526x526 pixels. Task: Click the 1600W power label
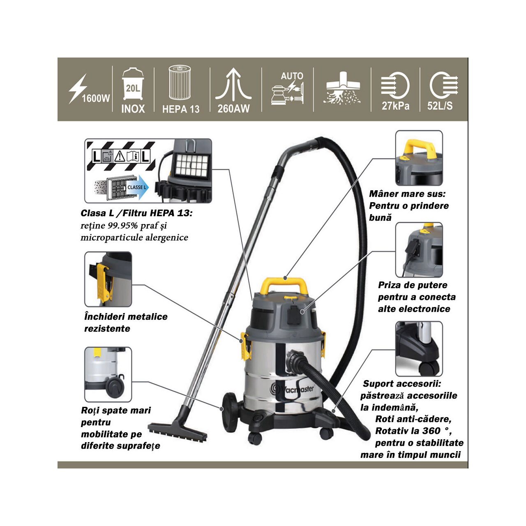[96, 99]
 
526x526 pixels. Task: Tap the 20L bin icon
[133, 84]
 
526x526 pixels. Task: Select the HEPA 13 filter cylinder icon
[180, 83]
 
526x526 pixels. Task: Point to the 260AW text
[233, 108]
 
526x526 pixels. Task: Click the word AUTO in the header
[292, 76]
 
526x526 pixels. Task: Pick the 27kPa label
[395, 106]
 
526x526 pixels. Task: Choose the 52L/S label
[440, 106]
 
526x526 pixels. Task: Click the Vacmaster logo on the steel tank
[292, 389]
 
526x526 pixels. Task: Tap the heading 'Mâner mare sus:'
[407, 194]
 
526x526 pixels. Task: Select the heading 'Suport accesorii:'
[402, 383]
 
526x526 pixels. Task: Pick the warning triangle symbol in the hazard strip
[119, 157]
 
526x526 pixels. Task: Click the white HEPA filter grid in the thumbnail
[192, 166]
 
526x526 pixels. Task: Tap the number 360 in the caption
[431, 431]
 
